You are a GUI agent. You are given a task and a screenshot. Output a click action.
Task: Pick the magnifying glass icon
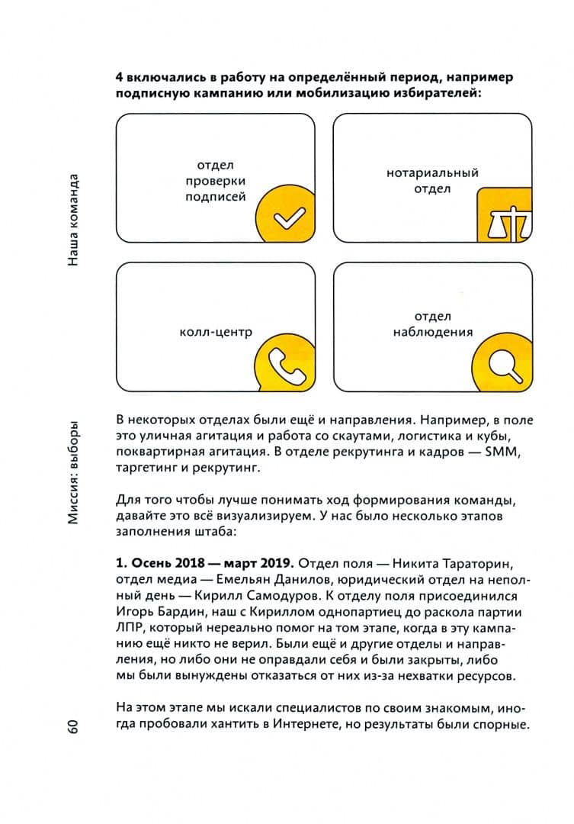coord(504,361)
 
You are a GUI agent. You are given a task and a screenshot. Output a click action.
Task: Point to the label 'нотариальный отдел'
coord(432,181)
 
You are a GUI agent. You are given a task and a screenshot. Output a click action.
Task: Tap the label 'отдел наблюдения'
coord(432,324)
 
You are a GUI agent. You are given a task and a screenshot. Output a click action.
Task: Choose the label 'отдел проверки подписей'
coord(215,181)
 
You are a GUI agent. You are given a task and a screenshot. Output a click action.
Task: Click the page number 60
coord(72,726)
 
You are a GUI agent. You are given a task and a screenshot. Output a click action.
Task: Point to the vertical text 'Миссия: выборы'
coord(72,472)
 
